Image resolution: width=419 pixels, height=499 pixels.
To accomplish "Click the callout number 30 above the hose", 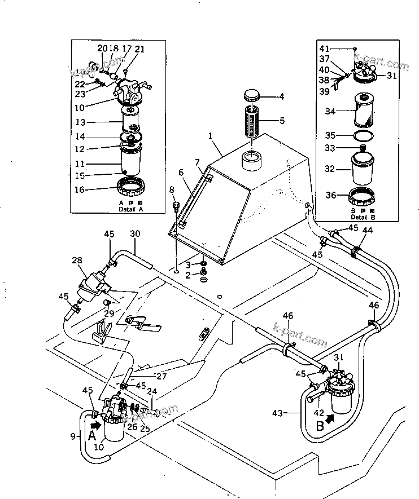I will (x=135, y=234).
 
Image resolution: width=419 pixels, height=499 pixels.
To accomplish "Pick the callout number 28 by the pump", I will (x=77, y=260).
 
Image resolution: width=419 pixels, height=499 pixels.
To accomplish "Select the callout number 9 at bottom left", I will (x=73, y=436).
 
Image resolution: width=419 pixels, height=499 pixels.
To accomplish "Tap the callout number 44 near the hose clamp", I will (x=368, y=230).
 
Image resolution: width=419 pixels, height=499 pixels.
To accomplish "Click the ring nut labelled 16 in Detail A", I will (x=132, y=184).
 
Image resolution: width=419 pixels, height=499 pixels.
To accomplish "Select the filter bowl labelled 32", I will (x=364, y=168).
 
